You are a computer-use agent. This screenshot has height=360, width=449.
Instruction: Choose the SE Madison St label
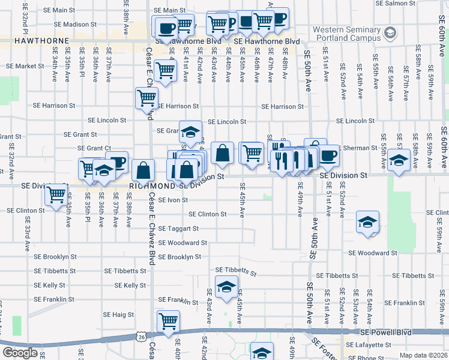coord(75,25)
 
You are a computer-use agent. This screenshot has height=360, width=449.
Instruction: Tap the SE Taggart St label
coord(179,229)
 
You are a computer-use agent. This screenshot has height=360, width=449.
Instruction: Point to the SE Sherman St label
coord(354,148)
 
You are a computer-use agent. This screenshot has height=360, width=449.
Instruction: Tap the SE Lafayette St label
coord(370,345)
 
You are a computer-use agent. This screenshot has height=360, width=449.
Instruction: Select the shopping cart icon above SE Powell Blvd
coord(168,320)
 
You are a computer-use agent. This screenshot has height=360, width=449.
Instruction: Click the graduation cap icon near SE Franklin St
coord(226,287)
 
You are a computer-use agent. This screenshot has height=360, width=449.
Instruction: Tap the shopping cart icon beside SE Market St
coord(165,70)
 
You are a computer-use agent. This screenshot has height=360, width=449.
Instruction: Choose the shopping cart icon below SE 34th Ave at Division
coord(56,194)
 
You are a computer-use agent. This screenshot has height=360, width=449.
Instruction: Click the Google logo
coord(20,353)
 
